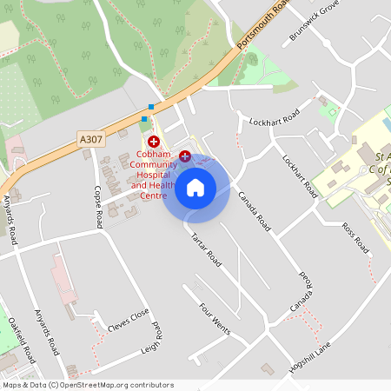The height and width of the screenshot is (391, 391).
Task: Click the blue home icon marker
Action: coord(195,187)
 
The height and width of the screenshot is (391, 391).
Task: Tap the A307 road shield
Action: coord(89,139)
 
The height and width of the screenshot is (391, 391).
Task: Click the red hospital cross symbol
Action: coord(154,141)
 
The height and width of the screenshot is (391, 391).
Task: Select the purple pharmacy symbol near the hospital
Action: coord(185,156)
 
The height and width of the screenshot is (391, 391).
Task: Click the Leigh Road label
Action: coord(153,341)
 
